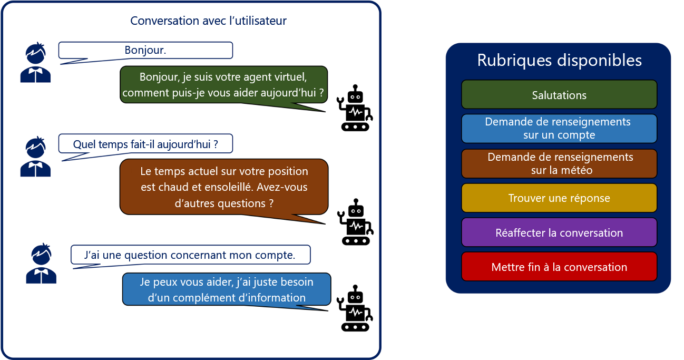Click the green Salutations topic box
pos(559,95)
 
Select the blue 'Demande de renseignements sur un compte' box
pos(559,129)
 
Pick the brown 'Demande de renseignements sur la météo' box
pos(559,164)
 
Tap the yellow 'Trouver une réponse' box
pos(559,198)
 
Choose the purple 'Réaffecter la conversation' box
pos(559,232)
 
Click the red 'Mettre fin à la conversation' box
pos(559,267)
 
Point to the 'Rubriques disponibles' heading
pos(559,60)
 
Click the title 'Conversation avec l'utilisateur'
pos(208,21)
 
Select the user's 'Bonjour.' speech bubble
pos(145,51)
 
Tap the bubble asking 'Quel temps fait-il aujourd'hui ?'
pos(145,144)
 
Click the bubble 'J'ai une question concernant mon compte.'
pos(190,255)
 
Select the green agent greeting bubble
pos(223,85)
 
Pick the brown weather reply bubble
pos(223,187)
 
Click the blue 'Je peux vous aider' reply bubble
pos(227,289)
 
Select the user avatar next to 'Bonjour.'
pos(35,63)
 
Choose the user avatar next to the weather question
pos(35,157)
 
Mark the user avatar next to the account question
pos(41,264)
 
